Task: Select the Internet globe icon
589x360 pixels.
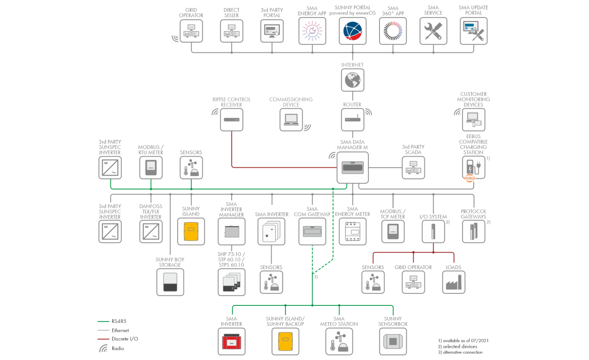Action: click(353, 79)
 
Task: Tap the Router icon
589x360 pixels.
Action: click(353, 119)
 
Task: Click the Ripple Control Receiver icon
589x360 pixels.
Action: click(232, 119)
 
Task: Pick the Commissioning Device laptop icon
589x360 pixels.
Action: click(291, 119)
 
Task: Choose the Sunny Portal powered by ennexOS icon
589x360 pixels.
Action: click(353, 31)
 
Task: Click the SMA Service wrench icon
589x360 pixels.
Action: click(433, 31)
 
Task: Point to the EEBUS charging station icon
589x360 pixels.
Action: click(473, 168)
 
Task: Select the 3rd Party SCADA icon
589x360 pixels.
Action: click(413, 168)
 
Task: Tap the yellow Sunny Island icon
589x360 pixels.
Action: click(191, 231)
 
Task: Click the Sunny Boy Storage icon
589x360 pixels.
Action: click(170, 282)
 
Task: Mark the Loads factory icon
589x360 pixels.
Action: click(453, 282)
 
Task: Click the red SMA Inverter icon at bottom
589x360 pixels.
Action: click(232, 341)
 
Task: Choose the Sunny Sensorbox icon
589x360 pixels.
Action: click(393, 341)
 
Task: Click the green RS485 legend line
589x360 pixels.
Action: click(103, 322)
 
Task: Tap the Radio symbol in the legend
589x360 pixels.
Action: click(103, 348)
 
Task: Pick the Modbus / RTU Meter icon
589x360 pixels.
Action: click(151, 168)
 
